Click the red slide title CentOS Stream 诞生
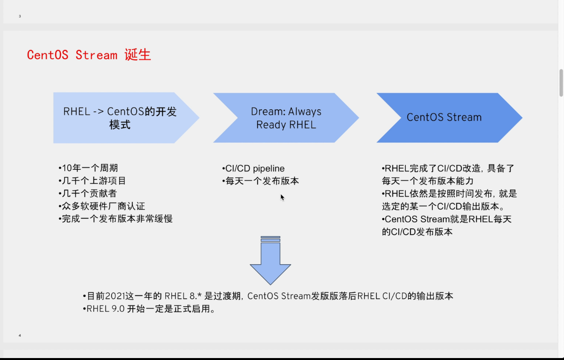tap(89, 55)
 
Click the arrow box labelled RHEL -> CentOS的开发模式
tap(120, 118)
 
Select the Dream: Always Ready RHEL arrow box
tap(286, 118)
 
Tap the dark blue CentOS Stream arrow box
tap(444, 118)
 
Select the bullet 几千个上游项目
tap(92, 181)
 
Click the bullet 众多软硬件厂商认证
tap(102, 206)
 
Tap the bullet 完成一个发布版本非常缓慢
tap(115, 219)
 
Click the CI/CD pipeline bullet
tap(253, 169)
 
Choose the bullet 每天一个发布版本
tap(261, 181)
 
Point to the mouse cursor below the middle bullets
tap(282, 197)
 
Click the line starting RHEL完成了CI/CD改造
tap(448, 169)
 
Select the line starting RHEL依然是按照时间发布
tap(449, 194)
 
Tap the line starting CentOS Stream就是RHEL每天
tap(447, 219)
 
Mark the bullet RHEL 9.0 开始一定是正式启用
tap(149, 309)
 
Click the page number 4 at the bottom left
tap(20, 335)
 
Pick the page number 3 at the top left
tap(20, 16)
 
